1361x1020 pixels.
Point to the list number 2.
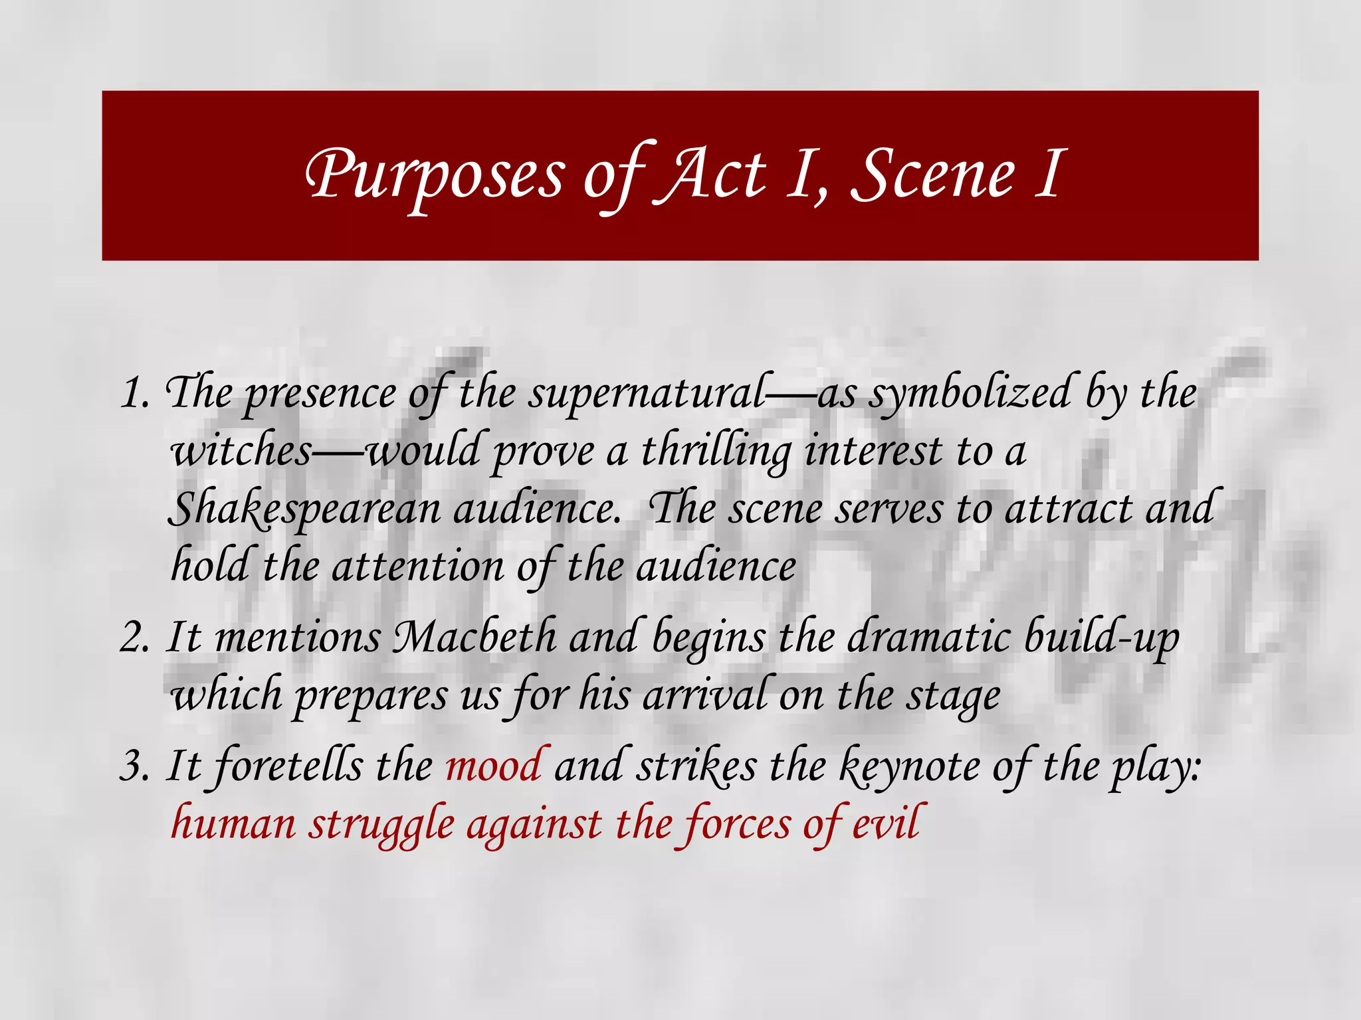(x=136, y=638)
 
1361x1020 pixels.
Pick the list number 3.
(x=136, y=766)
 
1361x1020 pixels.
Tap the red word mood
(x=493, y=766)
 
